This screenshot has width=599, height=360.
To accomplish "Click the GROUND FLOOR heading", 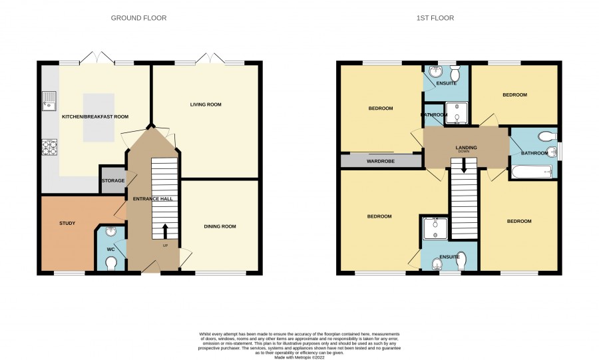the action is pyautogui.click(x=138, y=18).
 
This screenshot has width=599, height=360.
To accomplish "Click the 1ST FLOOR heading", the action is pyautogui.click(x=435, y=18).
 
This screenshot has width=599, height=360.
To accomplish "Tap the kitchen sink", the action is pyautogui.click(x=49, y=101).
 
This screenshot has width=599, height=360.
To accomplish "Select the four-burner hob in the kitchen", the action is pyautogui.click(x=50, y=147).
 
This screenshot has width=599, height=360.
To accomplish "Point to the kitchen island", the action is pyautogui.click(x=99, y=118).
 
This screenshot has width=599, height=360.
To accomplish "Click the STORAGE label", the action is pyautogui.click(x=113, y=180).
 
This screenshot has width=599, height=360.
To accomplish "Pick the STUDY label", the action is pyautogui.click(x=67, y=224).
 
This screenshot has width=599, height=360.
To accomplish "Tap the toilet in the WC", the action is pyautogui.click(x=111, y=264).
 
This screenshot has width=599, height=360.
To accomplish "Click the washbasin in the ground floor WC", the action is pyautogui.click(x=111, y=232).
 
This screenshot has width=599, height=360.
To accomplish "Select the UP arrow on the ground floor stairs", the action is pyautogui.click(x=165, y=231).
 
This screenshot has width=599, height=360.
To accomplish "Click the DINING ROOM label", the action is pyautogui.click(x=220, y=226).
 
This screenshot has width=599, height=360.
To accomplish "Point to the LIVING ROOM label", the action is pyautogui.click(x=206, y=104).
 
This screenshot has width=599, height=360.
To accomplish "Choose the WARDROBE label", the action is pyautogui.click(x=381, y=162).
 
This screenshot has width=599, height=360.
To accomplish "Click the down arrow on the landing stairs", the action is pyautogui.click(x=464, y=166).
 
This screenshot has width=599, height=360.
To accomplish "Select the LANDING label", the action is pyautogui.click(x=466, y=147).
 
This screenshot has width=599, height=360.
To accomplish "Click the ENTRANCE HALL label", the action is pyautogui.click(x=153, y=199).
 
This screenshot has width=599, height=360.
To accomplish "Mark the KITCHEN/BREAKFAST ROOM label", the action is pyautogui.click(x=95, y=117).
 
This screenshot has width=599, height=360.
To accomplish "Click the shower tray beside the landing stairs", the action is pyautogui.click(x=435, y=229).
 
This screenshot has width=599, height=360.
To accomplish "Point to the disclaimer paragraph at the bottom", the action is pyautogui.click(x=299, y=345).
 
